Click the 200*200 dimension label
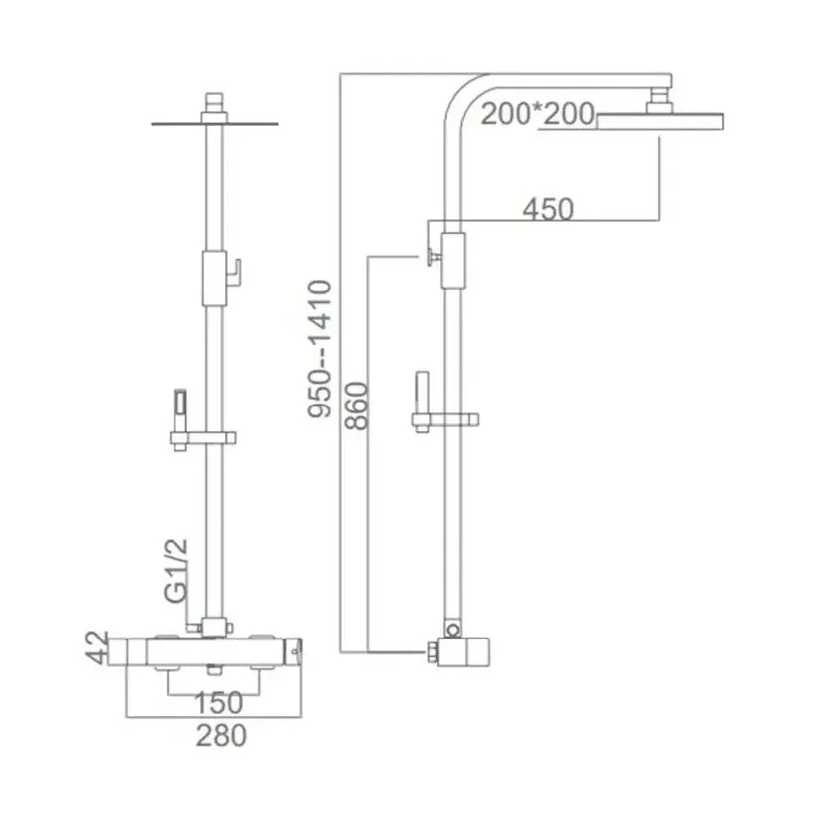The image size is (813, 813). [537, 114]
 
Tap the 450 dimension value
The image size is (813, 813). [548, 209]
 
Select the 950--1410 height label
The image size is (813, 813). [319, 349]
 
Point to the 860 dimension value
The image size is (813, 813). [357, 406]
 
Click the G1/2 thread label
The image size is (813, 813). [175, 571]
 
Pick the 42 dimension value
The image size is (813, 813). [97, 647]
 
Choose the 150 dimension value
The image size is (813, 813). [218, 703]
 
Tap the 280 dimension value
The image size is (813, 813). [221, 736]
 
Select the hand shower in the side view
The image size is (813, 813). [423, 393]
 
